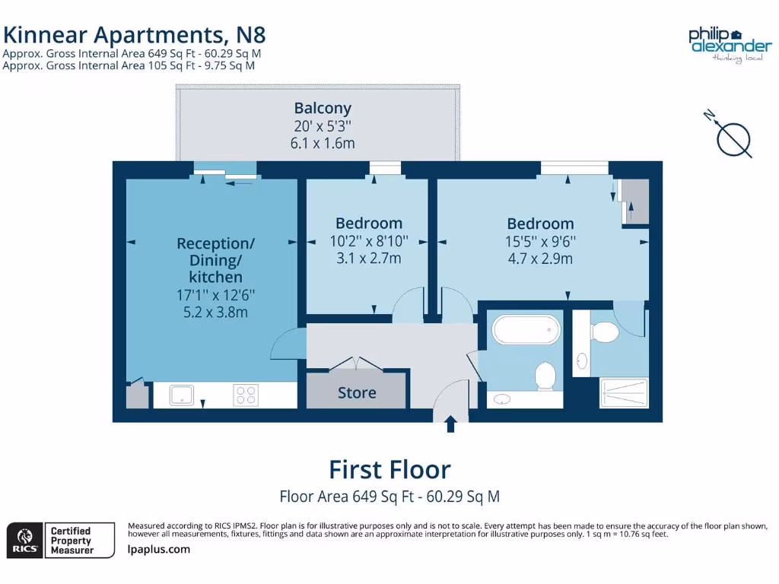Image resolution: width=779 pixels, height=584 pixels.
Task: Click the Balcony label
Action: pos(323,108)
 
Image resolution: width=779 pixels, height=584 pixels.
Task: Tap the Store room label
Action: pos(357,392)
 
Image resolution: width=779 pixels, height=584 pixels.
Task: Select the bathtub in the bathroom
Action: pos(526,331)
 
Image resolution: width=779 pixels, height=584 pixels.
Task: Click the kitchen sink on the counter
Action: pos(181,395)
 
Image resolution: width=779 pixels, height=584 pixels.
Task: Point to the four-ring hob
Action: pos(246,395)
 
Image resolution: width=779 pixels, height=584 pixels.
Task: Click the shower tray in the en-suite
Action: pos(624,393)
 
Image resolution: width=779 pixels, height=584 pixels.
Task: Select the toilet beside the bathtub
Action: pos(545,376)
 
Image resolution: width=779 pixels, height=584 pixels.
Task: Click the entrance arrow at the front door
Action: pos(450,424)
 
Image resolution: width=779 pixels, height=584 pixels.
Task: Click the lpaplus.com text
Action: pos(159,549)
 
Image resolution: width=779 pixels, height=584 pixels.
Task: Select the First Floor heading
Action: pos(389,469)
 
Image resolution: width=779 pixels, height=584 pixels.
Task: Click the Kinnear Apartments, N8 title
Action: pos(135,34)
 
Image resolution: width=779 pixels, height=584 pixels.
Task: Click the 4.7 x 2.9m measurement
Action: pos(540,259)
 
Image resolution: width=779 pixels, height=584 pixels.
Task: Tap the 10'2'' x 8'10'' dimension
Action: pos(369,241)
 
